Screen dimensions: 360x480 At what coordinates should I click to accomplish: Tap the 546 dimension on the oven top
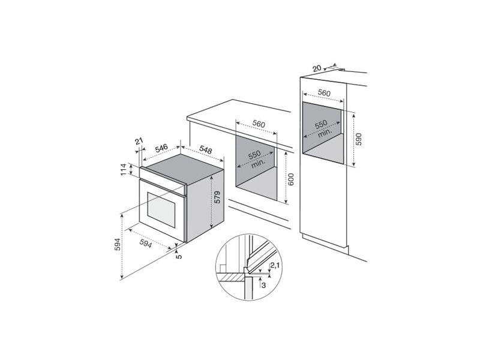161,147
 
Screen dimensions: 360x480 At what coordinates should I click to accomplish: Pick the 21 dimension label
139,142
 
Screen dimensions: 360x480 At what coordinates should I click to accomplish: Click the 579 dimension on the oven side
218,198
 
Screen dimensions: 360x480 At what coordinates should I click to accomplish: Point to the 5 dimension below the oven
178,256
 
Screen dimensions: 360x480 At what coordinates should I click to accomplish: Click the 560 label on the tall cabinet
325,93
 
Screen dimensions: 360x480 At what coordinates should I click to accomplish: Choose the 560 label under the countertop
259,124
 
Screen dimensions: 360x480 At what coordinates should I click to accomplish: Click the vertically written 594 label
118,246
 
